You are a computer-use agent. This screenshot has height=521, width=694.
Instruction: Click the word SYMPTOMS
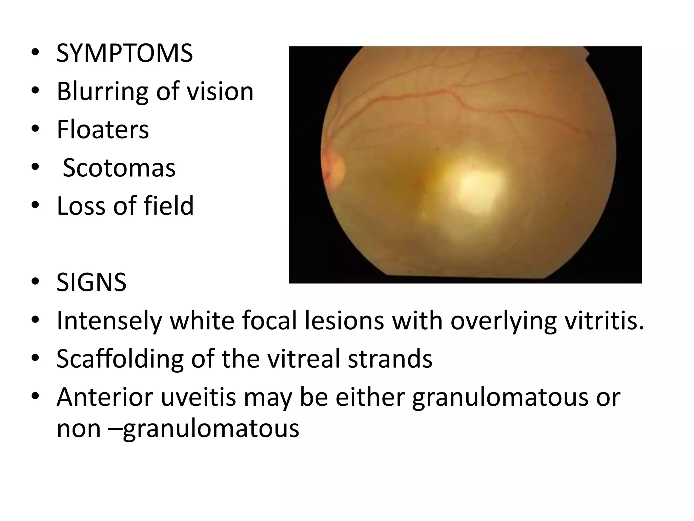click(x=124, y=54)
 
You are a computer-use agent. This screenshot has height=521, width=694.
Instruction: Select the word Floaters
click(x=103, y=130)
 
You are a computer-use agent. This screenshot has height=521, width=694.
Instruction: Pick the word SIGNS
click(x=91, y=282)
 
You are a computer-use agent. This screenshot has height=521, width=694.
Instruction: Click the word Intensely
click(x=109, y=321)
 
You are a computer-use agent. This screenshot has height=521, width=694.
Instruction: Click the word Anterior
click(x=105, y=397)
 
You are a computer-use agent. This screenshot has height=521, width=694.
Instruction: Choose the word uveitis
click(x=198, y=397)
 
